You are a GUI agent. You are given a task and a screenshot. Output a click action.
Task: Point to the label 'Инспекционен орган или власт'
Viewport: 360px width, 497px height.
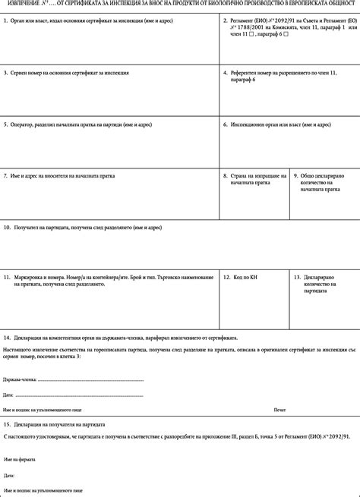pos(280,124)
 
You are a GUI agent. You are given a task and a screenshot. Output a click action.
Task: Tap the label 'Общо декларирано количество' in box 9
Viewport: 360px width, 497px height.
pos(323,182)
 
